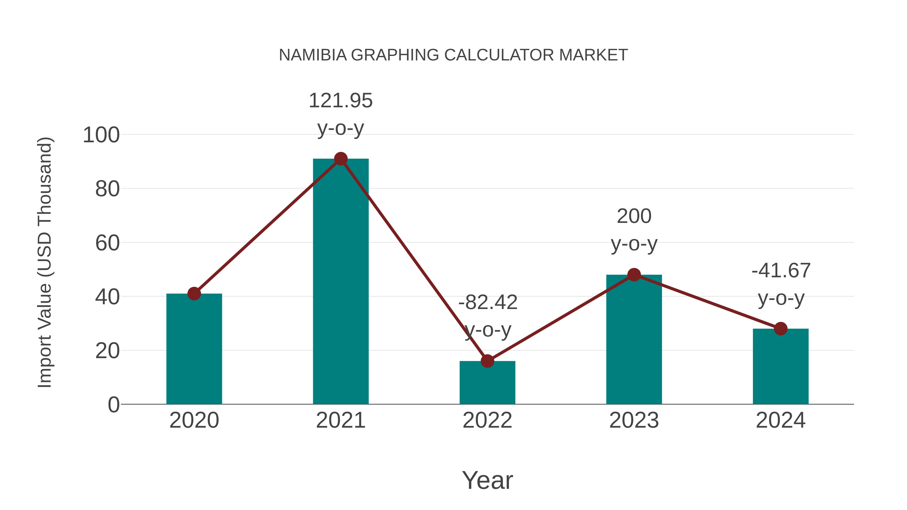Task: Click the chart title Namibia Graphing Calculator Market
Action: pos(453,55)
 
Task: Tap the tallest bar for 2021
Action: pos(340,282)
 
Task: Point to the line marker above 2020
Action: pos(194,294)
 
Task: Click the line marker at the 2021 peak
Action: pos(340,159)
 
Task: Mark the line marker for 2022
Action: pos(487,361)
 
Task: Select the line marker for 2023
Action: pos(634,275)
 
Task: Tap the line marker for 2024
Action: pos(781,329)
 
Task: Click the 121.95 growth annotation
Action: pos(340,101)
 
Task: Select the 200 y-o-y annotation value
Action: pos(634,216)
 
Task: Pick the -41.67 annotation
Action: pos(781,271)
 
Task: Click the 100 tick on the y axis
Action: pos(101,135)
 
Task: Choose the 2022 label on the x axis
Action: pos(487,420)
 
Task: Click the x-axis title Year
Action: pos(487,481)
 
